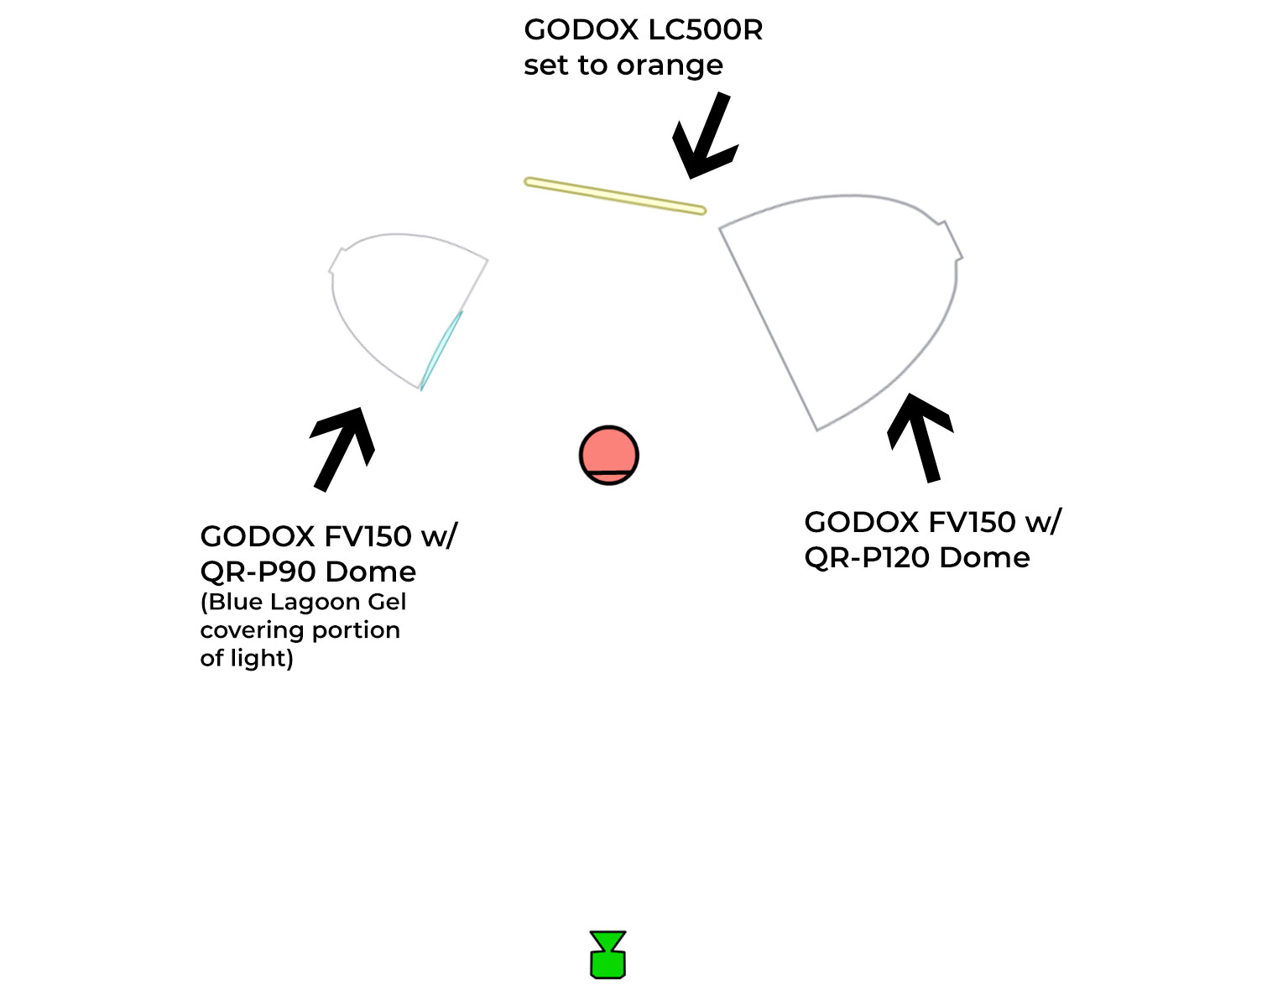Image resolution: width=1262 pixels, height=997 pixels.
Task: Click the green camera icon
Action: [x=608, y=954]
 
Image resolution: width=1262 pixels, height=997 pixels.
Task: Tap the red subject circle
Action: [x=608, y=455]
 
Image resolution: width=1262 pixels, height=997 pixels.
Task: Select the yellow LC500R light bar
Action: [x=614, y=196]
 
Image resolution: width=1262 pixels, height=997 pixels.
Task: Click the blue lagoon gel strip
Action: [x=441, y=351]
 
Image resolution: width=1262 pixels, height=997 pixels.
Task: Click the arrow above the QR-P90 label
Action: [x=342, y=449]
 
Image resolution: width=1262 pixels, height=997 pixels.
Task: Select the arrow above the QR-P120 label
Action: [x=920, y=438]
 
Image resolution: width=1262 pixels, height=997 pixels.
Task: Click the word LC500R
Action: [x=706, y=30]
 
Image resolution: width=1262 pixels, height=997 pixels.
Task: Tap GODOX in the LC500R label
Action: [x=581, y=30]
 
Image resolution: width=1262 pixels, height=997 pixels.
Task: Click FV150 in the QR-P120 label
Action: [x=970, y=523]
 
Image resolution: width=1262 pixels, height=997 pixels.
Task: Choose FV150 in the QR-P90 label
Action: [x=367, y=536]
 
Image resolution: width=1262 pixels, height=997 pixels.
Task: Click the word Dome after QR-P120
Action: [x=984, y=558]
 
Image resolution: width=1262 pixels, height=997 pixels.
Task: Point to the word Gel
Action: [x=387, y=602]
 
